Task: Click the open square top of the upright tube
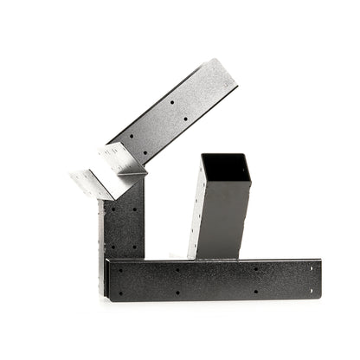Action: click(225, 168)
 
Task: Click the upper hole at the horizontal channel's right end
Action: click(311, 267)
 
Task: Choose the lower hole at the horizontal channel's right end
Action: click(311, 292)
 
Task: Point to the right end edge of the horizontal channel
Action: click(320, 279)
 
